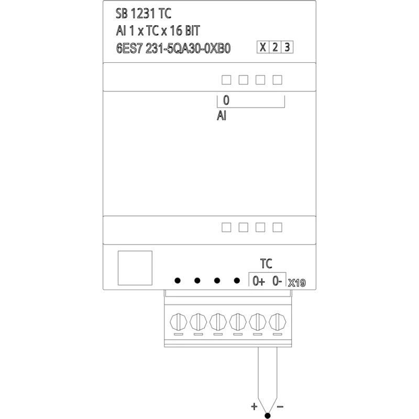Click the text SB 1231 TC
pos(143,14)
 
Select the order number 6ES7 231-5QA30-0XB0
pos(173,49)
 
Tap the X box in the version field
pos(263,47)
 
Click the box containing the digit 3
pos(287,47)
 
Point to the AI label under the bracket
pos(222,116)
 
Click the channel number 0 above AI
pos(226,100)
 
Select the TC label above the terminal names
pos(266,264)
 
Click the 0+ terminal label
pos(259,281)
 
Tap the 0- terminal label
pos(277,281)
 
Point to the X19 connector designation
pos(297,283)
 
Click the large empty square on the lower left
pos(135,268)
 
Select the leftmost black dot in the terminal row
pos(178,281)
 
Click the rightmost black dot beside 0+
pos(237,281)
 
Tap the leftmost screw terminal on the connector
pos(179,322)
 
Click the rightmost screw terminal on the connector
pos(278,322)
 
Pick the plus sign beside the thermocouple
pos(254,406)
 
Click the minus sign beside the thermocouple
pos(280,407)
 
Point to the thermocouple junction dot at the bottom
pos(268,415)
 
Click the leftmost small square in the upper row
pos(226,80)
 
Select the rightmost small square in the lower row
pos(278,227)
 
